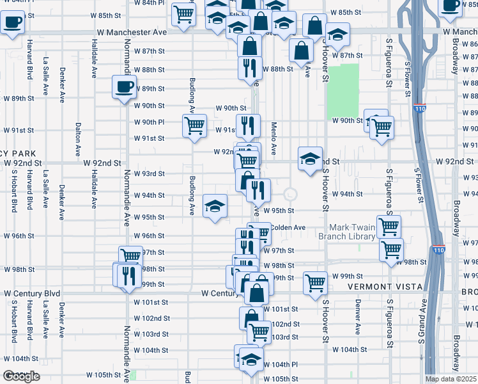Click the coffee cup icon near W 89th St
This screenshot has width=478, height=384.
(124, 87)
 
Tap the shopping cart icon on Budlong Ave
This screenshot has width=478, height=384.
(194, 125)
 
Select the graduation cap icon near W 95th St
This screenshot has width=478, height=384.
(215, 206)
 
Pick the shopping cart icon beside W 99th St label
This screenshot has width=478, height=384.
(315, 282)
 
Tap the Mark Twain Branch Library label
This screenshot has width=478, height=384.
(352, 232)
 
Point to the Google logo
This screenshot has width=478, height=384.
(21, 376)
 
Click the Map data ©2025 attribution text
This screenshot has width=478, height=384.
(451, 379)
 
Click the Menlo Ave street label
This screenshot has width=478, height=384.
(274, 139)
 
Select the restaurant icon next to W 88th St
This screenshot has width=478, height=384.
(248, 67)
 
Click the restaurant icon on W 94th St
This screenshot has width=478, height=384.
(258, 189)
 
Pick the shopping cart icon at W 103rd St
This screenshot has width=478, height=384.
(258, 332)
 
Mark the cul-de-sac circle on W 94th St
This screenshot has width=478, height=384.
(291, 194)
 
